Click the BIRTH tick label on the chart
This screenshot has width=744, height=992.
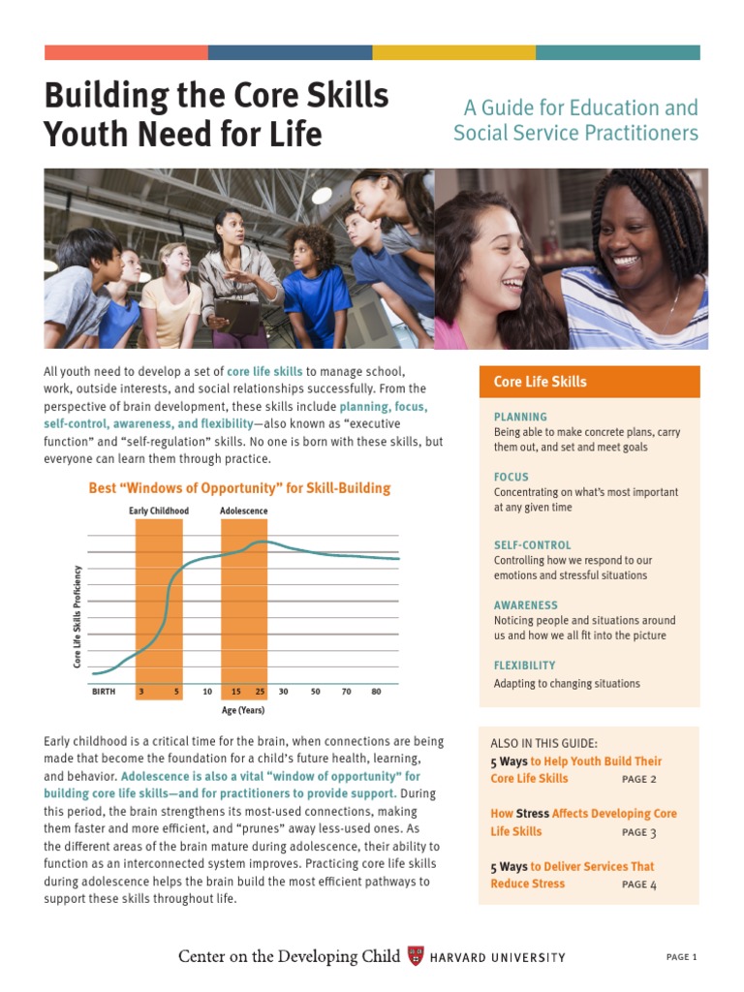tap(104, 692)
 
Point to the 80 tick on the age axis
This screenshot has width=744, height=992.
tap(376, 692)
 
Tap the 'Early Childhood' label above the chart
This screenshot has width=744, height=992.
tap(159, 511)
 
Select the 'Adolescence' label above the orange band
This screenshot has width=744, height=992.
tap(244, 511)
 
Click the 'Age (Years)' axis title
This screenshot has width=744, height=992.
tap(243, 710)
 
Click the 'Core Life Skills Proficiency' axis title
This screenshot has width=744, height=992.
tap(77, 617)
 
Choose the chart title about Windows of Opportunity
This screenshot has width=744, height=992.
tap(239, 488)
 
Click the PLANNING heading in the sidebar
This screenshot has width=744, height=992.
tap(520, 417)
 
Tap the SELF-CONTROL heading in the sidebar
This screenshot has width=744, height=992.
tap(533, 545)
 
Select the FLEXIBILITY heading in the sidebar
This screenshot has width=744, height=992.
tap(524, 666)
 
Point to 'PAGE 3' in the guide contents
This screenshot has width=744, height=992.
tap(639, 832)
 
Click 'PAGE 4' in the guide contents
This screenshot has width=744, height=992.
tap(639, 884)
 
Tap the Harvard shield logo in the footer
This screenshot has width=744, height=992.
tap(416, 956)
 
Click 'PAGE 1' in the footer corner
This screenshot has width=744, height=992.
tap(682, 957)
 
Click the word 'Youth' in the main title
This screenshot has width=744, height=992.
tap(85, 134)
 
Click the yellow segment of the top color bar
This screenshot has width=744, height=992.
tap(453, 52)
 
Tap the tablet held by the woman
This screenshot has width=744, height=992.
tap(239, 316)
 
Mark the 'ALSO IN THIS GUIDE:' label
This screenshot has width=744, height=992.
tap(543, 744)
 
